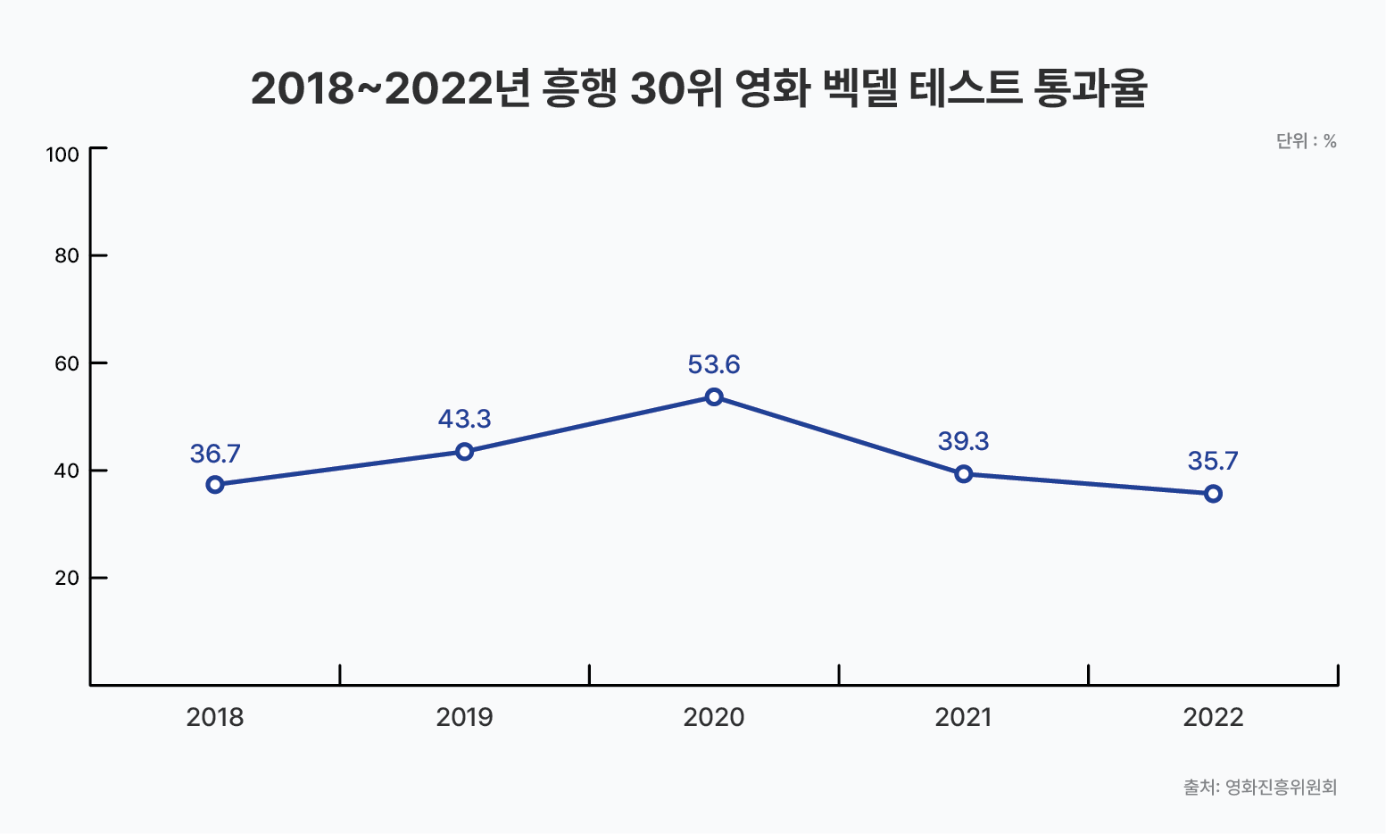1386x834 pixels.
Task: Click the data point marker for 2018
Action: [x=215, y=485]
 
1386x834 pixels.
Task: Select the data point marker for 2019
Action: [x=464, y=452]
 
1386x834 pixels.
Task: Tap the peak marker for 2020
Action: [x=714, y=397]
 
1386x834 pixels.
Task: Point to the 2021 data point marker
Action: [x=963, y=474]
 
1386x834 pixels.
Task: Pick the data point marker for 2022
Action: [x=1213, y=494]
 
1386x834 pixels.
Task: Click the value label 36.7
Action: [x=215, y=455]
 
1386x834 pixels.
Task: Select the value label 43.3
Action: [x=464, y=419]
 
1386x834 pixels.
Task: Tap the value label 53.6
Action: [x=714, y=364]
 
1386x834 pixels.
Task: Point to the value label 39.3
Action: [x=963, y=441]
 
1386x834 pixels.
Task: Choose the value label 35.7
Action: [x=1213, y=461]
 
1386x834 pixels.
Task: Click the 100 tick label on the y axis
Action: [x=62, y=154]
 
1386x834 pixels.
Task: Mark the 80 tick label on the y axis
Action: [x=67, y=256]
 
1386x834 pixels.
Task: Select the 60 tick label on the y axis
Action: [x=67, y=363]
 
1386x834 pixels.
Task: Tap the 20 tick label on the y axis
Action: [x=67, y=578]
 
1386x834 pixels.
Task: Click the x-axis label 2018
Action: [x=215, y=717]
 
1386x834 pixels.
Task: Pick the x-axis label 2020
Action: [x=714, y=717]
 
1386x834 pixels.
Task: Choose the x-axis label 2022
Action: [x=1213, y=717]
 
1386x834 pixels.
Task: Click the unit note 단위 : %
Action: [x=1306, y=141]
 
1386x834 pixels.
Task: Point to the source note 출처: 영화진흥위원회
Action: [x=1260, y=787]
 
